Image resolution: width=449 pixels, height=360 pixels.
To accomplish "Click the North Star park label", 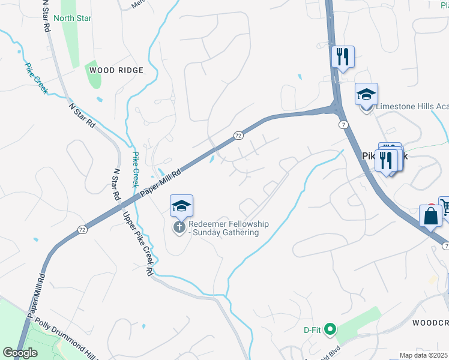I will pyautogui.click(x=73, y=18).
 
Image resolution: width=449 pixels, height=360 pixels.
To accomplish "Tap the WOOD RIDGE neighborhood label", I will pyautogui.click(x=116, y=70).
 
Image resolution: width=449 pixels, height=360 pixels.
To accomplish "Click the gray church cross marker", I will pyautogui.click(x=179, y=227).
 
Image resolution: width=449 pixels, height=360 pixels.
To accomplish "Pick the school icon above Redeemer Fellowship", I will pyautogui.click(x=181, y=207).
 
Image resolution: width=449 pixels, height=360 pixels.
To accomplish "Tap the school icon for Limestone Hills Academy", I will pyautogui.click(x=366, y=95).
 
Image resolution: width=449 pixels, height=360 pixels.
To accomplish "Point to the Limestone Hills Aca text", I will pyautogui.click(x=412, y=107).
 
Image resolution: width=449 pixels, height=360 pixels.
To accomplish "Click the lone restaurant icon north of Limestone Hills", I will pyautogui.click(x=343, y=58).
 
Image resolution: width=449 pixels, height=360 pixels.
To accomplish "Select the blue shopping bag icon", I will pyautogui.click(x=431, y=216).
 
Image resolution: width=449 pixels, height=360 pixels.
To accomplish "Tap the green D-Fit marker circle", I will pyautogui.click(x=329, y=329).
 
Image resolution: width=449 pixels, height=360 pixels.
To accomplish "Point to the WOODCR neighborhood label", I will pyautogui.click(x=430, y=322).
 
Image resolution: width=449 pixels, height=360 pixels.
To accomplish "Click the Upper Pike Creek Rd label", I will pyautogui.click(x=139, y=243).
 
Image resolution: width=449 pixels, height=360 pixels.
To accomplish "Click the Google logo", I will pyautogui.click(x=20, y=353).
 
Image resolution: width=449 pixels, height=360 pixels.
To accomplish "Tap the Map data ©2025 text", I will pyautogui.click(x=424, y=355).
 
